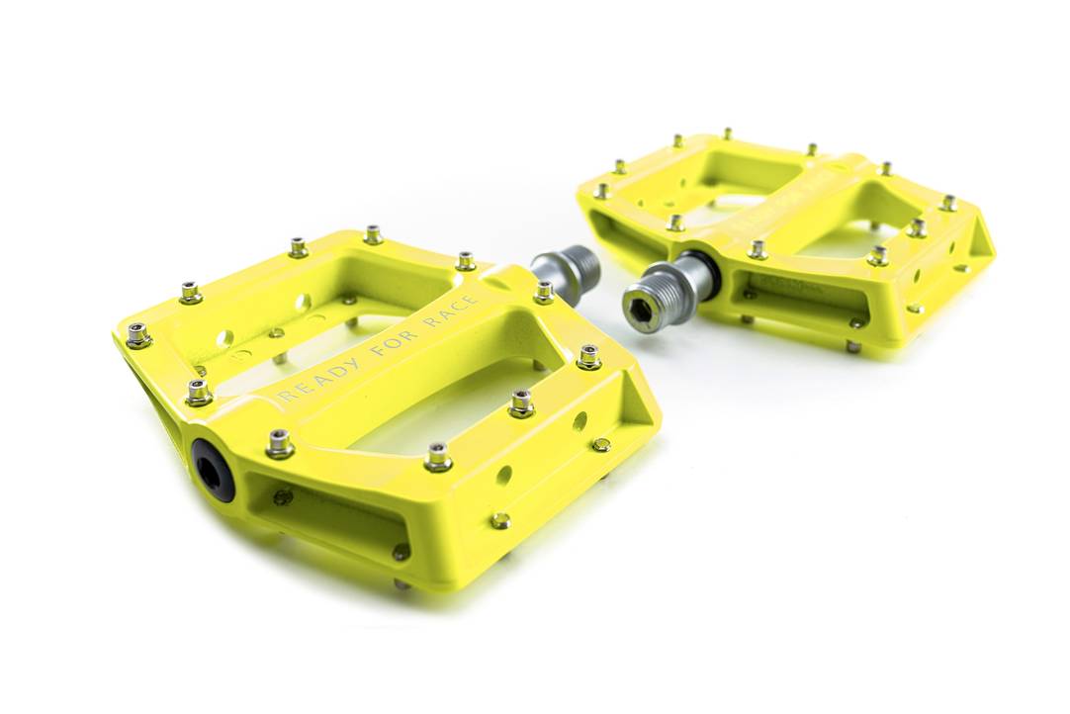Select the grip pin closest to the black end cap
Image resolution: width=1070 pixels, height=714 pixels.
click(280, 444)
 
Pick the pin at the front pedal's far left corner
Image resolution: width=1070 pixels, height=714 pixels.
click(137, 335)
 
